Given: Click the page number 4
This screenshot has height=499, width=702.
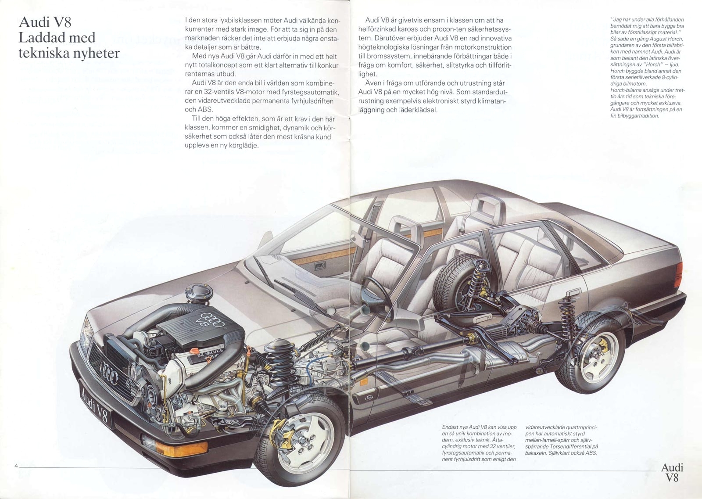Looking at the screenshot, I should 16,466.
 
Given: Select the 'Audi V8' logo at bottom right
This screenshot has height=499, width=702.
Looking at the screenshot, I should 672,472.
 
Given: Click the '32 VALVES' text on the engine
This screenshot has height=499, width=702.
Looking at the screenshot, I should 209,354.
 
